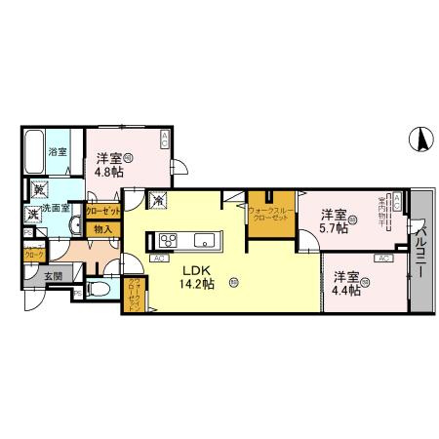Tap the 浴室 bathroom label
pyautogui.click(x=59, y=151)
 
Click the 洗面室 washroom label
pyautogui.click(x=53, y=208)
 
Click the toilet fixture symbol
pyautogui.click(x=100, y=290)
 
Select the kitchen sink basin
pyautogui.click(x=207, y=241)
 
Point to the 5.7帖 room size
pyautogui.click(x=337, y=229)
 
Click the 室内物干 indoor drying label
pyautogui.click(x=383, y=212)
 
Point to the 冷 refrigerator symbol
pyautogui.click(x=159, y=200)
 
